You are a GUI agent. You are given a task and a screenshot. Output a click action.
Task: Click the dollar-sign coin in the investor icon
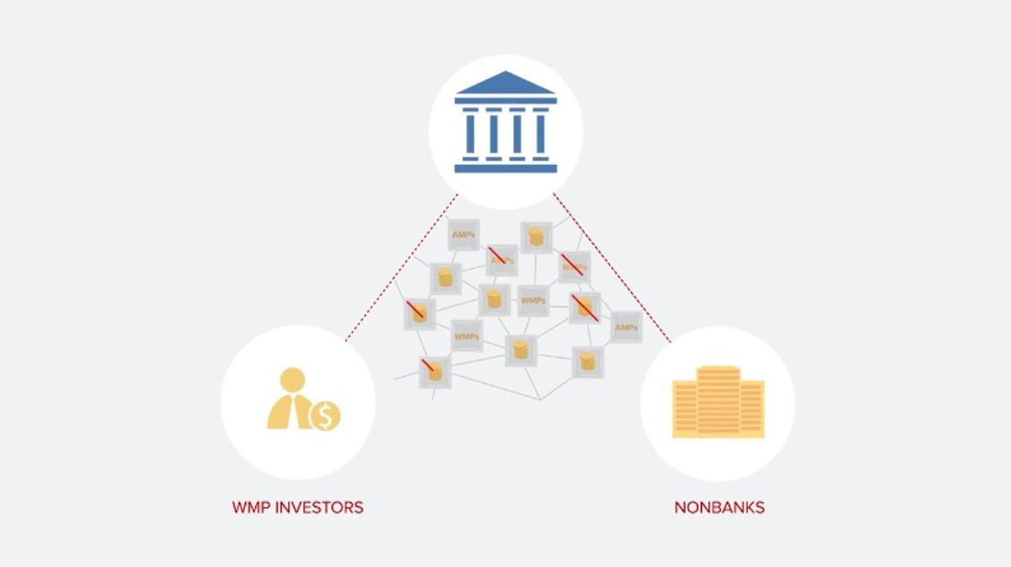pyautogui.click(x=325, y=415)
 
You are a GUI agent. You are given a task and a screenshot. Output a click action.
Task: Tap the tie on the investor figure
pyautogui.click(x=292, y=410)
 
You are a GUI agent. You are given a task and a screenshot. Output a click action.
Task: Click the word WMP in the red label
pyautogui.click(x=250, y=508)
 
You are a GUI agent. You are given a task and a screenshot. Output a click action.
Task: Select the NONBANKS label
pyautogui.click(x=719, y=508)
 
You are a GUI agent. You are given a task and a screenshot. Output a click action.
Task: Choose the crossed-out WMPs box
pyautogui.click(x=575, y=266)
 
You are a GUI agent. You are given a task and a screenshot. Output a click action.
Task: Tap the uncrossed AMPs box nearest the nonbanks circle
pyautogui.click(x=625, y=326)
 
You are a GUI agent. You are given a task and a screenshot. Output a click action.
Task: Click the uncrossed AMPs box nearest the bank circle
pyautogui.click(x=463, y=234)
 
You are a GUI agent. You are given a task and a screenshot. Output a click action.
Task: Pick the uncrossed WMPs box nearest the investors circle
pyautogui.click(x=467, y=335)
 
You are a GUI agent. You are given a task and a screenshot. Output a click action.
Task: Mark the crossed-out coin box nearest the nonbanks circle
pyautogui.click(x=584, y=308)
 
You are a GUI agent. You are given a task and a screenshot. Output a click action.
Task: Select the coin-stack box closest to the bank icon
pyautogui.click(x=535, y=237)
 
